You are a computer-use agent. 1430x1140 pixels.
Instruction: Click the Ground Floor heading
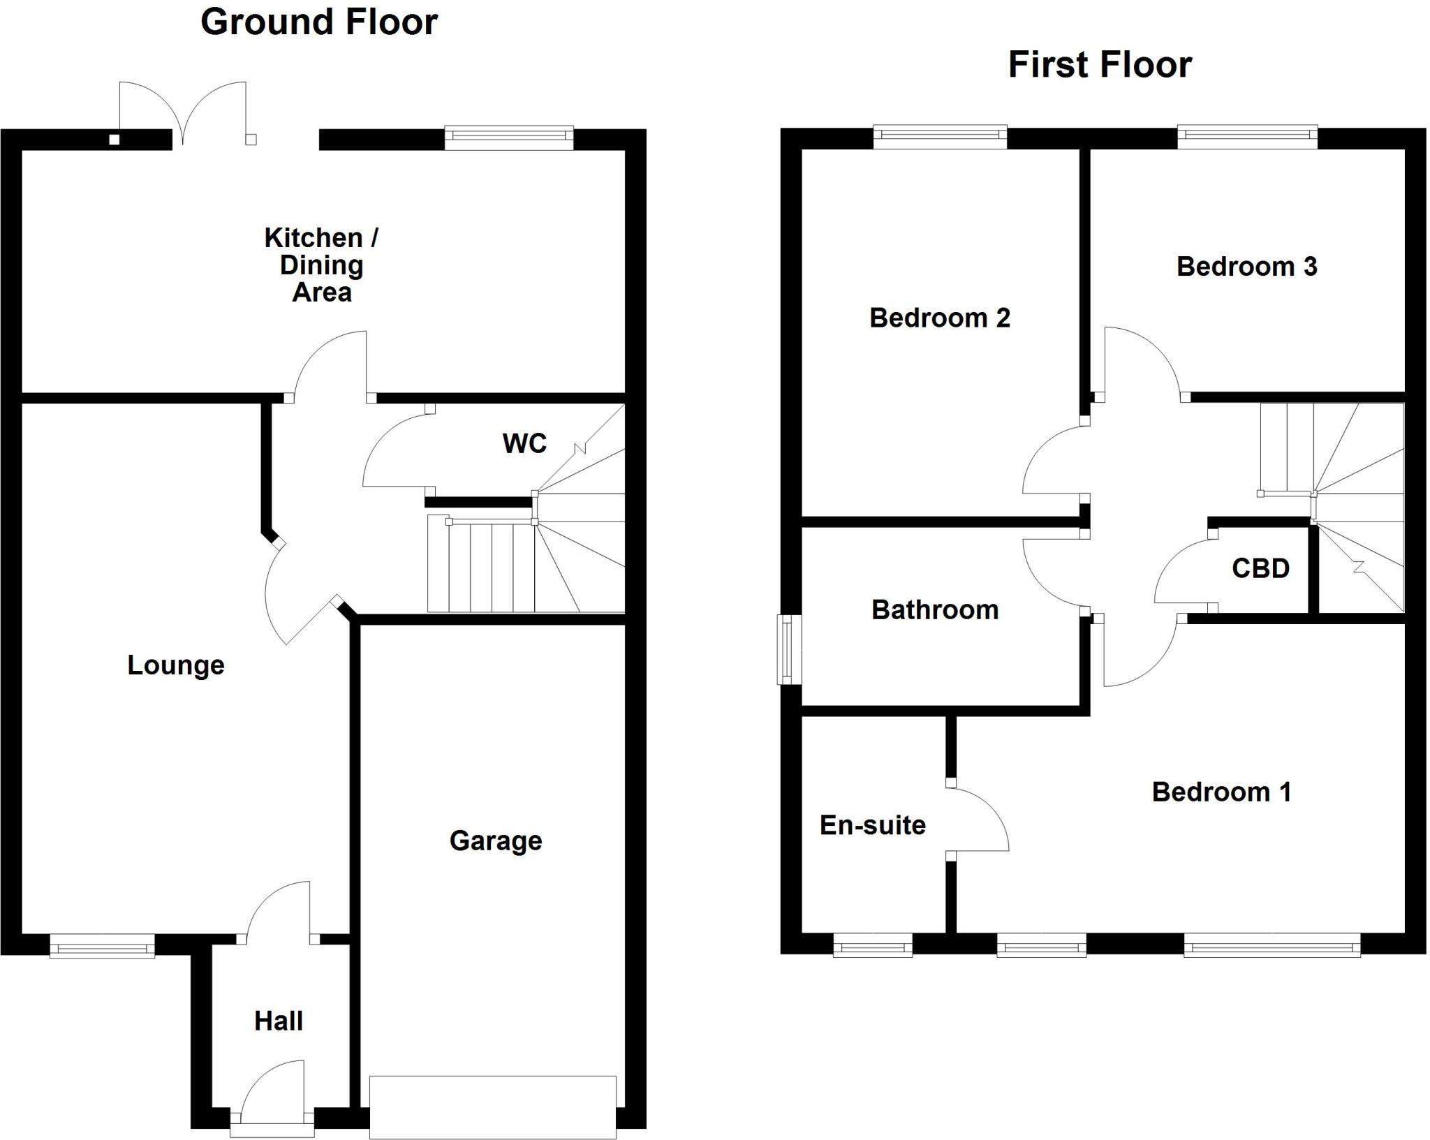319,22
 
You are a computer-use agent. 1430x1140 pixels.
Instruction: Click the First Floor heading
1100,65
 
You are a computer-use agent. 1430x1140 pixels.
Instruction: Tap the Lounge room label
176,665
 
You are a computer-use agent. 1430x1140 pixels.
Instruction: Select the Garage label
496,841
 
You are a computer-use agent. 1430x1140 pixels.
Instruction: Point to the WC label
524,443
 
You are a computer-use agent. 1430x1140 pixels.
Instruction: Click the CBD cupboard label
1260,568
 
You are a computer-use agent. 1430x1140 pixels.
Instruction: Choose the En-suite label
873,825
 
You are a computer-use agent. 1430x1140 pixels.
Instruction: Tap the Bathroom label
935,610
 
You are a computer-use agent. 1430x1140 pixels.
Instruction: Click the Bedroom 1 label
1221,792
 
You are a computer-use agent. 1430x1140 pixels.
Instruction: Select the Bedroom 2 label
940,318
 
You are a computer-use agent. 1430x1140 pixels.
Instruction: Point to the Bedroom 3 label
1247,267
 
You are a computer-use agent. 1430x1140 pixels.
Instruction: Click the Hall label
279,1021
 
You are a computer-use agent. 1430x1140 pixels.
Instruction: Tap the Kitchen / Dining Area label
321,265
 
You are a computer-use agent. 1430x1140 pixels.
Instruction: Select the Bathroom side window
790,649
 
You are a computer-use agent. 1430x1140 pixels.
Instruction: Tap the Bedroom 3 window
1247,137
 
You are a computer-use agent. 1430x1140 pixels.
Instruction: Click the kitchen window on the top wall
509,138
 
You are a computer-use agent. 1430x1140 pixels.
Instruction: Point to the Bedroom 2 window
940,137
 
